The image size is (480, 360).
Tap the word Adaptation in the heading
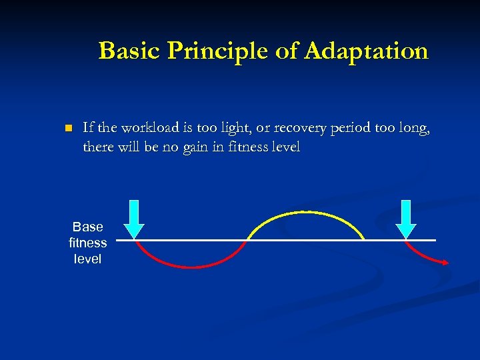(366, 51)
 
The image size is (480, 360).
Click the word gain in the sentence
(188, 147)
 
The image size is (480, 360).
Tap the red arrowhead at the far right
(446, 263)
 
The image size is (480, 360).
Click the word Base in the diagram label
(87, 227)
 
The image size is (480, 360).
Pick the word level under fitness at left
(87, 259)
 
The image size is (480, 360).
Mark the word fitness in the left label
(87, 243)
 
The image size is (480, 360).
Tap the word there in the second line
(98, 147)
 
